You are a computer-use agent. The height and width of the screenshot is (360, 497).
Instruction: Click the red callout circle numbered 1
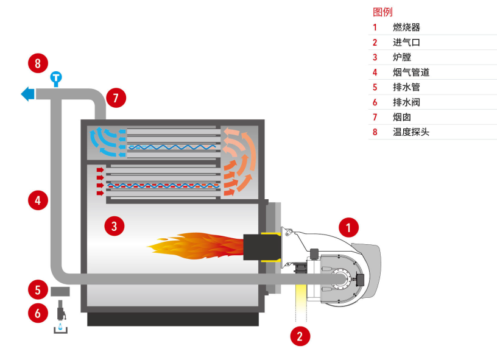pyautogui.click(x=348, y=228)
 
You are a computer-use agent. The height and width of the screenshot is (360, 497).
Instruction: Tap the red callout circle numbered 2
pyautogui.click(x=299, y=335)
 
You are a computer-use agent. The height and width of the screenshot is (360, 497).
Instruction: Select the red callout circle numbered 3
pyautogui.click(x=114, y=227)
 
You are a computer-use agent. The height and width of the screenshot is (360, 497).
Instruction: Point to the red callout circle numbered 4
pyautogui.click(x=38, y=200)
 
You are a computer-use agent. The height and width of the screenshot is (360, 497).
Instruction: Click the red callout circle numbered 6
pyautogui.click(x=38, y=313)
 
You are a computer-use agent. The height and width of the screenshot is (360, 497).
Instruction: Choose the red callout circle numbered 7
pyautogui.click(x=116, y=97)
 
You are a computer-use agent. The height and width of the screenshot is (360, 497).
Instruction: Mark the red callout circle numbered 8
pyautogui.click(x=38, y=63)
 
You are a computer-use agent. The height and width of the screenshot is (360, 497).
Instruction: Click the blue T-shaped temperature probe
pyautogui.click(x=57, y=79)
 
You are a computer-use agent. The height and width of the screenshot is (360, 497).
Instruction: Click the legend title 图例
pyautogui.click(x=382, y=12)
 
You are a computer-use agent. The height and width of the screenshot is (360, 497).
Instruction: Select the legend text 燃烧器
pyautogui.click(x=406, y=27)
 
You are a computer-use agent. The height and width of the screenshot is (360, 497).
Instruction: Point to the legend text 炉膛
pyautogui.click(x=402, y=57)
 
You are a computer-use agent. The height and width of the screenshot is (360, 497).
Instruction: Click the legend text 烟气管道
pyautogui.click(x=411, y=72)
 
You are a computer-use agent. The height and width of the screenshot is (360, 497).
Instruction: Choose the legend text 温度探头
pyautogui.click(x=411, y=132)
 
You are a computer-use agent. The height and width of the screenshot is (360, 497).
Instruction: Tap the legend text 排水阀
pyautogui.click(x=406, y=102)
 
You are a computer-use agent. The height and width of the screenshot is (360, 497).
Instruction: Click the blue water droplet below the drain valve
pyautogui.click(x=60, y=326)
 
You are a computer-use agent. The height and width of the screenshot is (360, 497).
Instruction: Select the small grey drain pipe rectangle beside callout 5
pyautogui.click(x=60, y=291)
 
